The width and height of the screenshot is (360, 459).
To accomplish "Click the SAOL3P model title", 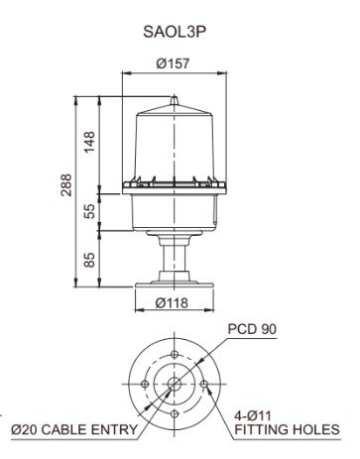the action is coord(175,32).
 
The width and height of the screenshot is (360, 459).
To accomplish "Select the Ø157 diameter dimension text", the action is coord(173,63).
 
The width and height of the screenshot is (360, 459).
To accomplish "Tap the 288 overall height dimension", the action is coord(66,184).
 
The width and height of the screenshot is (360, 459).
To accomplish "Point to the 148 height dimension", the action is coord(89,142).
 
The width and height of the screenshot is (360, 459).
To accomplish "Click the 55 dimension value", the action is coord(89,211).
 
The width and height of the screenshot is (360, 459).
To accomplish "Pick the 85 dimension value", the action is coord(89,260).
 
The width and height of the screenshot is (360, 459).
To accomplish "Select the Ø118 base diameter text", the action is coord(172,302).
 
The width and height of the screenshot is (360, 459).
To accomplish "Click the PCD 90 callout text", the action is coord(252,329).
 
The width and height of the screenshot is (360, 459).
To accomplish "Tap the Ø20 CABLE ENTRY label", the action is coord(74,429).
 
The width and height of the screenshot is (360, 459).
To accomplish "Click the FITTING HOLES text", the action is coord(287,429).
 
